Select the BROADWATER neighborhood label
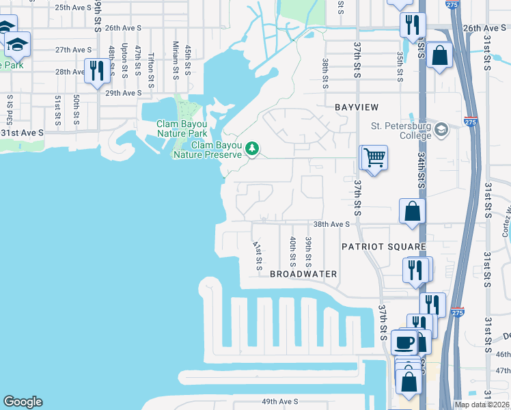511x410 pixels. click(303, 274)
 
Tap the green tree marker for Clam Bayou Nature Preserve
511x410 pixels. click(253, 148)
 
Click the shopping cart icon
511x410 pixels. click(374, 158)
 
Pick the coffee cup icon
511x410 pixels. click(404, 341)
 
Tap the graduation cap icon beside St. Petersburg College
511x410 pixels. click(441, 129)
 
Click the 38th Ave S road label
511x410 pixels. click(331, 224)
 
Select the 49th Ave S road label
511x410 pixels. click(281, 401)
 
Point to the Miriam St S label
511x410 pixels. click(176, 60)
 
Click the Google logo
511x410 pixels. click(23, 402)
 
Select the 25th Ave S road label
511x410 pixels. click(73, 8)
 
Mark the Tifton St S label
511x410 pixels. click(151, 66)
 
